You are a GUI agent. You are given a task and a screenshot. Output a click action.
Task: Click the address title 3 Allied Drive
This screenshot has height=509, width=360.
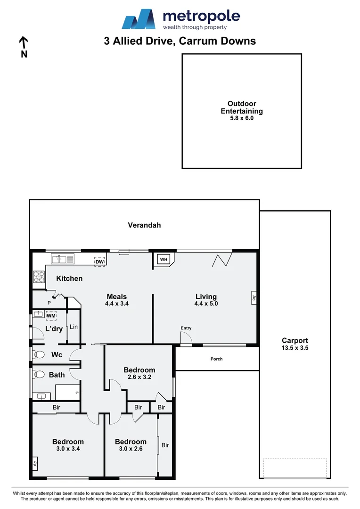pyautogui.click(x=180, y=41)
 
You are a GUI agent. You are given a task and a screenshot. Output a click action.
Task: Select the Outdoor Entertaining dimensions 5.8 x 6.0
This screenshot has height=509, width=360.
pyautogui.click(x=242, y=119)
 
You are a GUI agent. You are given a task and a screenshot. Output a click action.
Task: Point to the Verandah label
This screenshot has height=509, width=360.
pyautogui.click(x=144, y=225)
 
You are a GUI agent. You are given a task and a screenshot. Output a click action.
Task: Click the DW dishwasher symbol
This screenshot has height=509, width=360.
pyautogui.click(x=99, y=261)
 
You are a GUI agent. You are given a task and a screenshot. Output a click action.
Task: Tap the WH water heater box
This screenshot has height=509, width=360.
pyautogui.click(x=164, y=260)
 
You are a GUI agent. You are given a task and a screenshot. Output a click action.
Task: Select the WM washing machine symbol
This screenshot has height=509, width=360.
pyautogui.click(x=51, y=316)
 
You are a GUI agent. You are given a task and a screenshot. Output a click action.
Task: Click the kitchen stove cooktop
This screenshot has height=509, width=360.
pyautogui.click(x=38, y=278)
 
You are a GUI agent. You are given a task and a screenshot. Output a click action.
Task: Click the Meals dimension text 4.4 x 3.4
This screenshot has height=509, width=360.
pyautogui.click(x=117, y=304)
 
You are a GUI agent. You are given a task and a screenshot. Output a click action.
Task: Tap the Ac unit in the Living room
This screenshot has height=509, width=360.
pyautogui.click(x=254, y=297)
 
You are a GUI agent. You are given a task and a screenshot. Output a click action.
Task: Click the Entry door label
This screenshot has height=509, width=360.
pyautogui.click(x=186, y=328)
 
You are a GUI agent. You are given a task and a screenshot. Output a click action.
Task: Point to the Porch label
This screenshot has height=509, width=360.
pyautogui.click(x=216, y=359)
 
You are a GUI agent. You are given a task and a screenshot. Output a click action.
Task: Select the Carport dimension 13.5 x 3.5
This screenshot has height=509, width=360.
pyautogui.click(x=295, y=348)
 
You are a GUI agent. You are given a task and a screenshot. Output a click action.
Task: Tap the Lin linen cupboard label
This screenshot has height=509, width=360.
pyautogui.click(x=74, y=327)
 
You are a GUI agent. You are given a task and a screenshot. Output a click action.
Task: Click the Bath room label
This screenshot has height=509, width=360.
pyautogui.click(x=57, y=375)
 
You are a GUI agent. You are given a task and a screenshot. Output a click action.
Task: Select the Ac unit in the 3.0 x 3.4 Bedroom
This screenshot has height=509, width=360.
pyautogui.click(x=35, y=464)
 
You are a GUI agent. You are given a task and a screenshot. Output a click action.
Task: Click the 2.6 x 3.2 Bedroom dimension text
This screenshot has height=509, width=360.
pyautogui.click(x=139, y=378)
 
